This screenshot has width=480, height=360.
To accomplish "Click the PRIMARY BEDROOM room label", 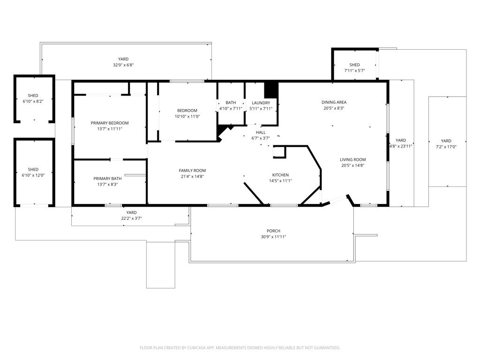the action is click(110, 123).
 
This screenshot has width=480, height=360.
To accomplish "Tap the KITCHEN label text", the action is click(280, 175).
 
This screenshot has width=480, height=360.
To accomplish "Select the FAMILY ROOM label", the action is click(192, 171).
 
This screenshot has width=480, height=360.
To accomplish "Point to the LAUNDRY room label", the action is click(261, 103).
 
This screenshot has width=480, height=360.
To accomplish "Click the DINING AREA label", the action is click(334, 102).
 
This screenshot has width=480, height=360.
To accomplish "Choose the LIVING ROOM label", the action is click(352, 159).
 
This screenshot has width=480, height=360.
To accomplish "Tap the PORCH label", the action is click(273, 231).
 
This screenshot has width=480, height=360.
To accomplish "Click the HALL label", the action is click(261, 132).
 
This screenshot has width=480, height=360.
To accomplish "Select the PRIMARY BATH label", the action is click(107, 179).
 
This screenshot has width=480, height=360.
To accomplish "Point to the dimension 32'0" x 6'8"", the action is click(123, 65).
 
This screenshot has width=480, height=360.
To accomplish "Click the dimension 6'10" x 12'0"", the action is click(33, 175).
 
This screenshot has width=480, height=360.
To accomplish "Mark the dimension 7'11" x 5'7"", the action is click(354, 70).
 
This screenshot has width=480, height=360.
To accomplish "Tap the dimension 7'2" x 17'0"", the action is click(446, 147).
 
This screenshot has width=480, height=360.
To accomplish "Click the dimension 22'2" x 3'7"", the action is click(131, 218).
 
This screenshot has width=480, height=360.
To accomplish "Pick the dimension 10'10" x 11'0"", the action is click(187, 116).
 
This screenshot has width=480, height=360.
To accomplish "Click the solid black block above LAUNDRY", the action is click(271, 90).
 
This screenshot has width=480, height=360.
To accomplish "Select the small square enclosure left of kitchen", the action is click(279, 152).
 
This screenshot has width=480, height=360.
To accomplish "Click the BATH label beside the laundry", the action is click(231, 103).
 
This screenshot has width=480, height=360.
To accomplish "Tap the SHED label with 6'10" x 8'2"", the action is click(33, 96).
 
